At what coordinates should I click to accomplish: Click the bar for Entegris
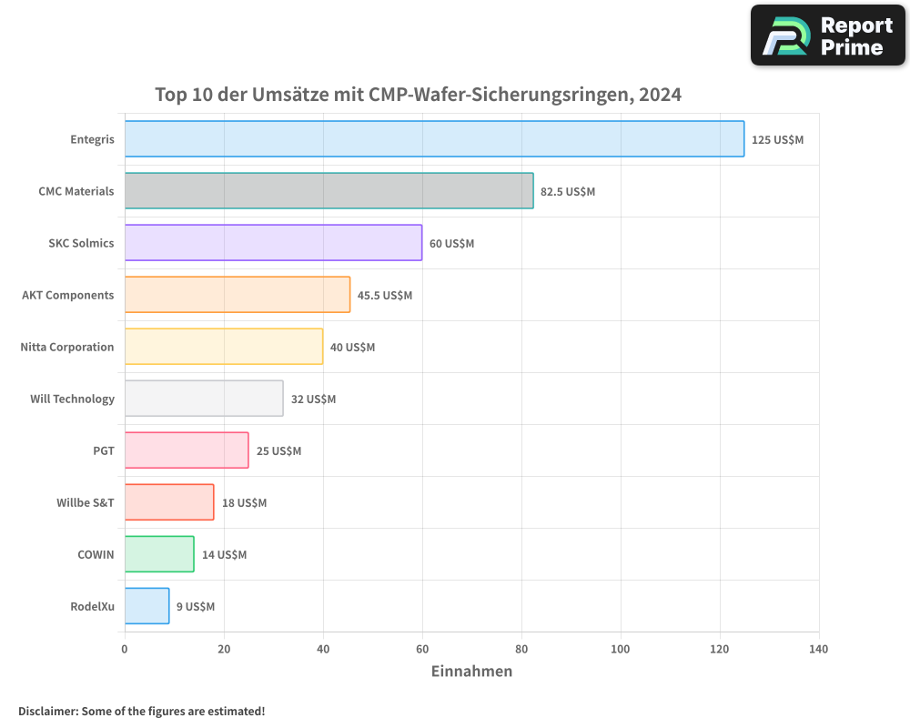coord(434,139)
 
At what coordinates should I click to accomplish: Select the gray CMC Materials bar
coord(329,191)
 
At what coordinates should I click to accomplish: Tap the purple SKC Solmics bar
coord(273,243)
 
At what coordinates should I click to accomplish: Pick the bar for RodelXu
coord(147,606)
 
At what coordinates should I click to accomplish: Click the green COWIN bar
coord(159,554)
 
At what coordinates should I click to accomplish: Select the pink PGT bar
coord(187,450)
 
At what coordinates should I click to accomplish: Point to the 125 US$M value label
coord(777,140)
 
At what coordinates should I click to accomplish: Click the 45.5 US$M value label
coord(384,296)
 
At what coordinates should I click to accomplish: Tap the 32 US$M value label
coord(313,399)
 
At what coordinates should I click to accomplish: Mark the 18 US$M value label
coord(244,503)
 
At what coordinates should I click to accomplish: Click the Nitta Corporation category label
coord(67,347)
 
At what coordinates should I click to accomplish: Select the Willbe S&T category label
coord(86,502)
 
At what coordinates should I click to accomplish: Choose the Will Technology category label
coord(72,399)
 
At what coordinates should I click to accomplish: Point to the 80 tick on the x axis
coord(521,649)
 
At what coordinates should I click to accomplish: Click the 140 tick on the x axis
coord(819,649)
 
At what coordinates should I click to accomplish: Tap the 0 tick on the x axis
coord(125,649)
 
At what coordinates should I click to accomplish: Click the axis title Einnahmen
coord(471,672)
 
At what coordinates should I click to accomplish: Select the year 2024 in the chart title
coord(660,95)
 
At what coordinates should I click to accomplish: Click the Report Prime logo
coord(828,35)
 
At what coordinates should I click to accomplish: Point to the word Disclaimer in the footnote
coord(47,711)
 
